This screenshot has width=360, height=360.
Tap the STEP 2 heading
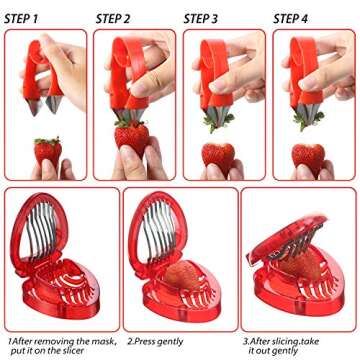click(x=113, y=18)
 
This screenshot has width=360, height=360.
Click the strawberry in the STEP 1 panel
click(x=47, y=153)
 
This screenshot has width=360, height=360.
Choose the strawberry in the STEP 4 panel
click(x=308, y=157)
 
